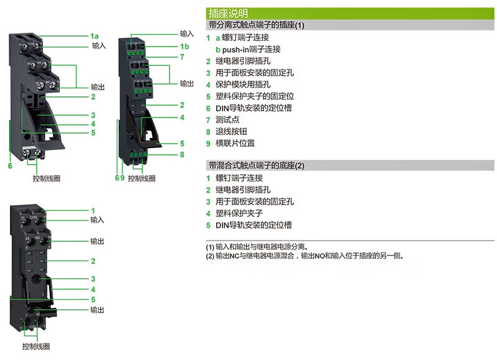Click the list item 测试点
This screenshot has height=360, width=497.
[x=227, y=119]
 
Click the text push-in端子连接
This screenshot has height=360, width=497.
[x=251, y=49]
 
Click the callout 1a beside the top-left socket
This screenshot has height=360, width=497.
[x=94, y=36]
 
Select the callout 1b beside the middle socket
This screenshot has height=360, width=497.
[x=185, y=47]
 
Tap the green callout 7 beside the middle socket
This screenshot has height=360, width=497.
[x=182, y=57]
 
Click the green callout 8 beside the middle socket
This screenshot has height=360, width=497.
[x=182, y=154]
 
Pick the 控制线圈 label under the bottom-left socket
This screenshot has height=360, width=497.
[x=36, y=346]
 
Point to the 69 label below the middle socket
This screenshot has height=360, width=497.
[x=120, y=178]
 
